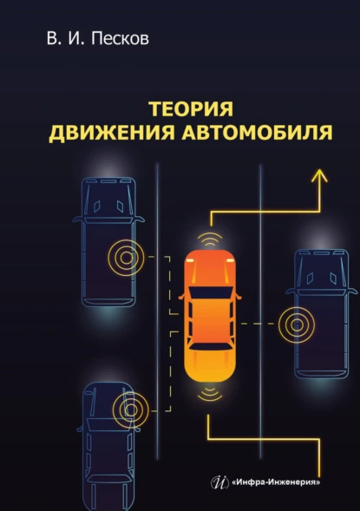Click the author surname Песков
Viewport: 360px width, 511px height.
point(120,38)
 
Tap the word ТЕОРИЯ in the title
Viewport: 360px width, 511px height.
point(192,109)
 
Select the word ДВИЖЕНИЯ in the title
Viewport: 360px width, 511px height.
point(112,133)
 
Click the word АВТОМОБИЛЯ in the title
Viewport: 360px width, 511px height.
point(258,133)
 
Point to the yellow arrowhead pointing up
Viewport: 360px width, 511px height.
point(319,175)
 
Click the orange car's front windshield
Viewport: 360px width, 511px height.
point(211,292)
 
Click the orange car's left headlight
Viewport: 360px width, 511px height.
point(190,259)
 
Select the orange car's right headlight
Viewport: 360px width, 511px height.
point(231,259)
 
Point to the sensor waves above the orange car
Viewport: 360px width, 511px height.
point(210,239)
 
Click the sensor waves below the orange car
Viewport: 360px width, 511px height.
point(210,393)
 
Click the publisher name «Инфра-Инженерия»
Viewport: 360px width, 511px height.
point(276,482)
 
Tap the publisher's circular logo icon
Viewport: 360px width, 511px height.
point(220,482)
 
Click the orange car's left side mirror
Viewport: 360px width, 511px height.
point(182,297)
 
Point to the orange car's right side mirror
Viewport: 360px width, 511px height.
point(239,297)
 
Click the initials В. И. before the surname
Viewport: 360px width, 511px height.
point(67,38)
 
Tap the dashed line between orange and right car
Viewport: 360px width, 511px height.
point(258,324)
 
